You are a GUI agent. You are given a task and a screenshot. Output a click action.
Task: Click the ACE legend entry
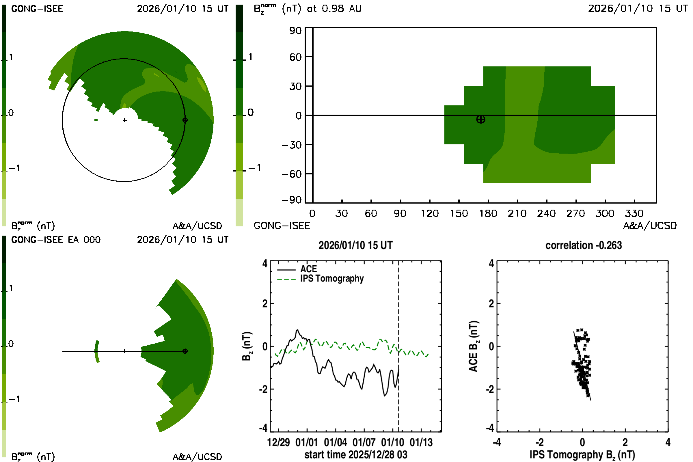[308, 269]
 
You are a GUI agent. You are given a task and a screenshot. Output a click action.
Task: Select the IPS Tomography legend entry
[332, 278]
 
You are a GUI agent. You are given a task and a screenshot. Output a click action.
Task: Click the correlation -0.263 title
[583, 245]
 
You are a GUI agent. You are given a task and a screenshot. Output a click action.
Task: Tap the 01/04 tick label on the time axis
[335, 443]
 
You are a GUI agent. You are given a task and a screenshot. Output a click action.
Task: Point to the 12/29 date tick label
[278, 443]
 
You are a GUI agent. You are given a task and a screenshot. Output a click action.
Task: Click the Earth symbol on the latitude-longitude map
[480, 119]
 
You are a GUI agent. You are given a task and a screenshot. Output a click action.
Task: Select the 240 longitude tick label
[546, 213]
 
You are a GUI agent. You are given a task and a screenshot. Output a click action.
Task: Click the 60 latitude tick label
[295, 57]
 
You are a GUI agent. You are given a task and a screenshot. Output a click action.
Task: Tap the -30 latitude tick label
[292, 145]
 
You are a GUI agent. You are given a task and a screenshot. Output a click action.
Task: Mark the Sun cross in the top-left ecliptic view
[125, 120]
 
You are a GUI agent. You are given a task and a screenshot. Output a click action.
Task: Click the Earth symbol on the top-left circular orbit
[185, 120]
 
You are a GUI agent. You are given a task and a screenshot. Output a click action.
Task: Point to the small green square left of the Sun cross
[96, 120]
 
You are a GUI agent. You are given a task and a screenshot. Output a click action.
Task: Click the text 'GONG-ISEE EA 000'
[56, 240]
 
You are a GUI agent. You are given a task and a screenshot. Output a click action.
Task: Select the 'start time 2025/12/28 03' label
[356, 454]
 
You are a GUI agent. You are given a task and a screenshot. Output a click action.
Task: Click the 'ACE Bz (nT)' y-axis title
[473, 346]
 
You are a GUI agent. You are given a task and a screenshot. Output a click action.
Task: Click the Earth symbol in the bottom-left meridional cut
[185, 351]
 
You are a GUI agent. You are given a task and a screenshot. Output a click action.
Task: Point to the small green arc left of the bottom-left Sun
[97, 351]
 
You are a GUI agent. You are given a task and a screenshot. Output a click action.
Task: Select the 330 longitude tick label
[634, 213]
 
